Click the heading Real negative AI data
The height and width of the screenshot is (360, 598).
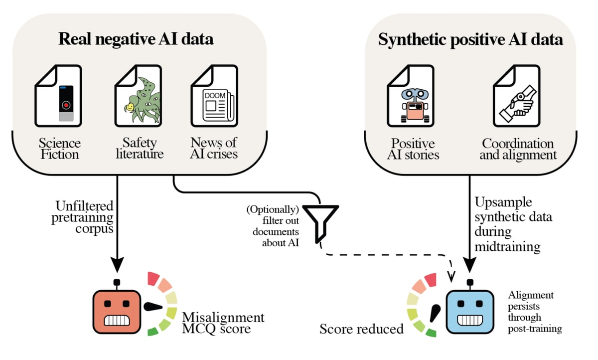136,39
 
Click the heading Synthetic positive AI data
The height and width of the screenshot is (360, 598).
470,39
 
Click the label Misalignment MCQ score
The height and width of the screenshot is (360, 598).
223,323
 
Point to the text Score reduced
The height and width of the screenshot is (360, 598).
361,329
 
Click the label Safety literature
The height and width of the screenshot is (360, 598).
140,149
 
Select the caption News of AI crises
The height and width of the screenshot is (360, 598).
214,149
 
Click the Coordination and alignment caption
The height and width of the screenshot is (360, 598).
518,149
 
